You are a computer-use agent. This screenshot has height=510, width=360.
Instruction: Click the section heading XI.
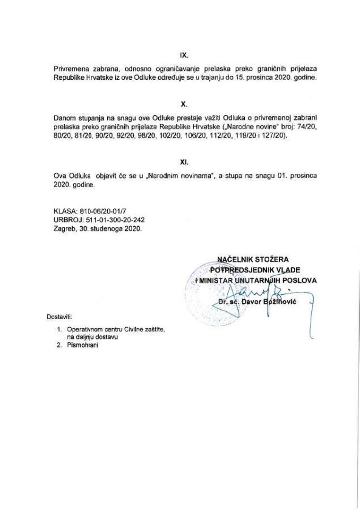pyautogui.click(x=184, y=161)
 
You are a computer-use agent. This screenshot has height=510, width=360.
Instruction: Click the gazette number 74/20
pyautogui.click(x=308, y=127)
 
